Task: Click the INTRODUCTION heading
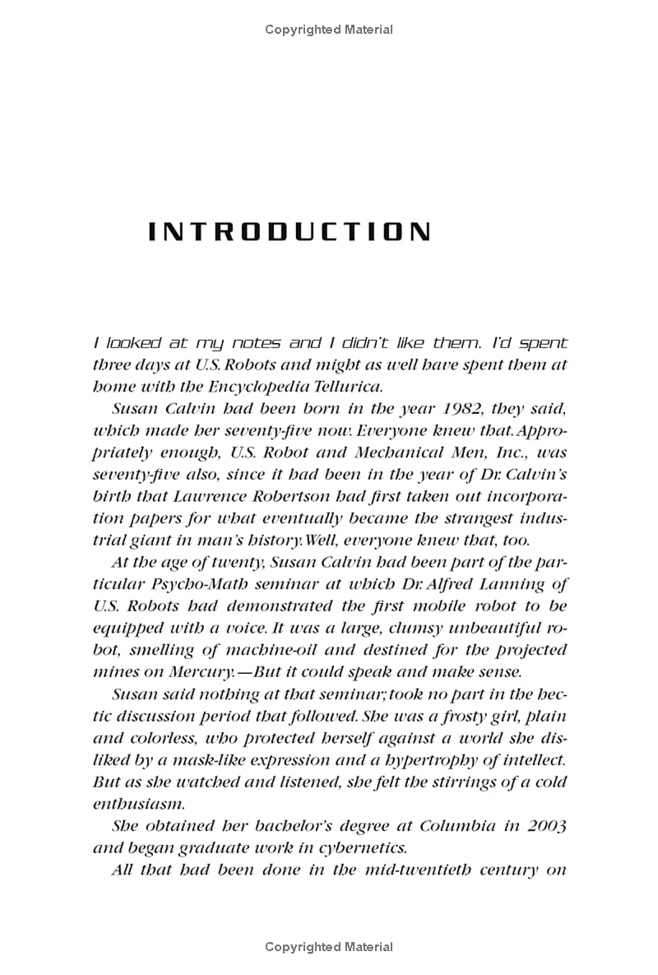point(289,232)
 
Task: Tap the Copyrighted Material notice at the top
point(329,30)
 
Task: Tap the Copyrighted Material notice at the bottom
point(329,947)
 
